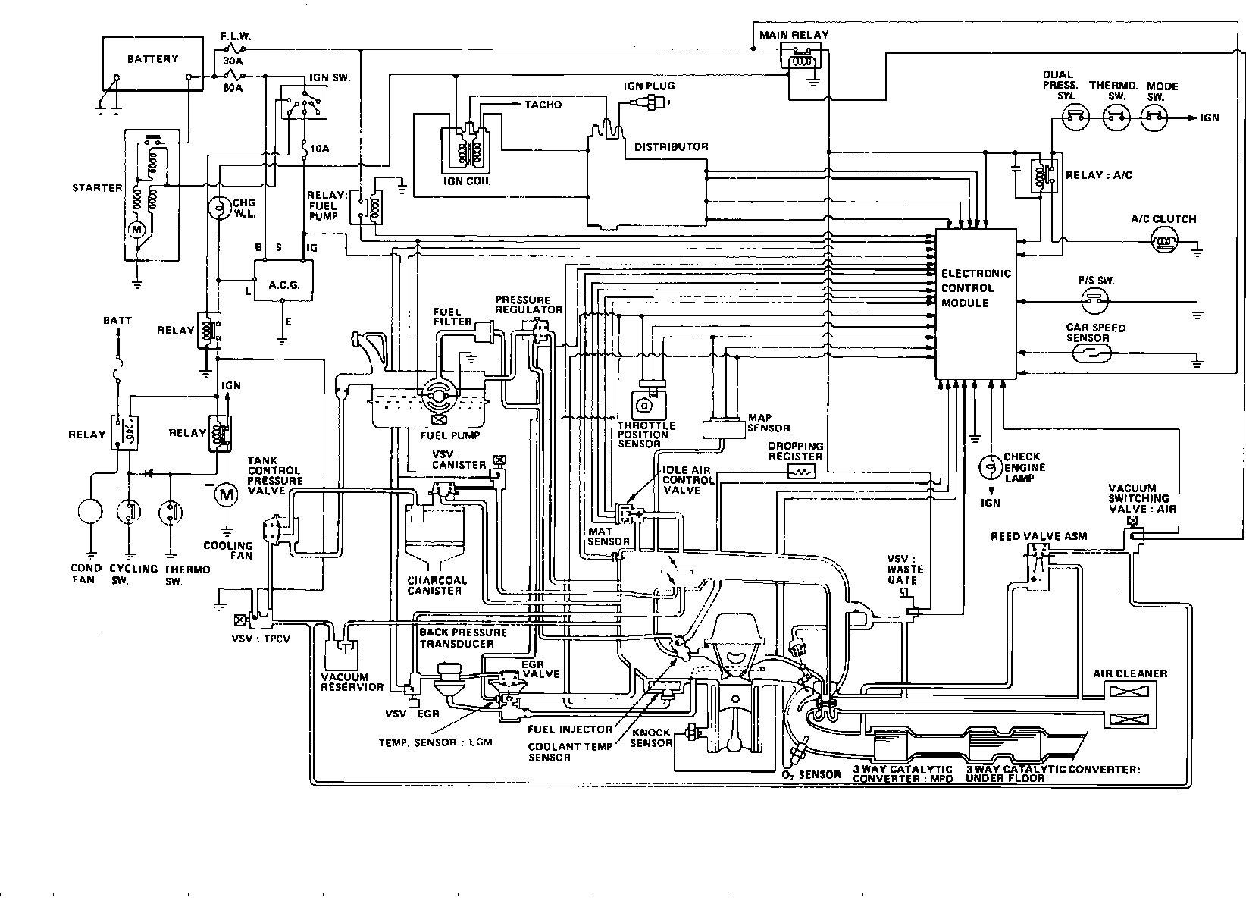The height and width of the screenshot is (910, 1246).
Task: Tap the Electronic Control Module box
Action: coord(975,304)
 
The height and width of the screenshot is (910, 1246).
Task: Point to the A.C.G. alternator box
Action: coord(283,281)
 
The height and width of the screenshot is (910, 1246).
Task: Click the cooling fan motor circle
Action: coord(226,494)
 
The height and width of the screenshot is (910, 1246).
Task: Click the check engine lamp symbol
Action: coord(991,467)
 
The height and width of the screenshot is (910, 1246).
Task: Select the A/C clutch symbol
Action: coord(1164,242)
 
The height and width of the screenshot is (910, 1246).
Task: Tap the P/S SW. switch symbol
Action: coord(1094,302)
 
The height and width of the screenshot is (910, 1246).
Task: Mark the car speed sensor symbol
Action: coord(1091,353)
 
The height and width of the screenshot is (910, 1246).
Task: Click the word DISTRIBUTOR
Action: coord(672,146)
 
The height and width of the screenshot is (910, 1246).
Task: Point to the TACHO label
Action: coord(543,105)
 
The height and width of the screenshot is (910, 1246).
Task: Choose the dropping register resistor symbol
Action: coord(802,472)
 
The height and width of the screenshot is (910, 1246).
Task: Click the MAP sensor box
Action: coord(724,429)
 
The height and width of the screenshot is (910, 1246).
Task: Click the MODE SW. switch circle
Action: coord(1154,118)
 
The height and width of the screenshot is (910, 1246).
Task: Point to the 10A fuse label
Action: coord(319,149)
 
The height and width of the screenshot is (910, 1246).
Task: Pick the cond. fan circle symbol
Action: coord(90,511)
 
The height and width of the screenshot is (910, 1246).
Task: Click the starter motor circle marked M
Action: coord(137,229)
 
